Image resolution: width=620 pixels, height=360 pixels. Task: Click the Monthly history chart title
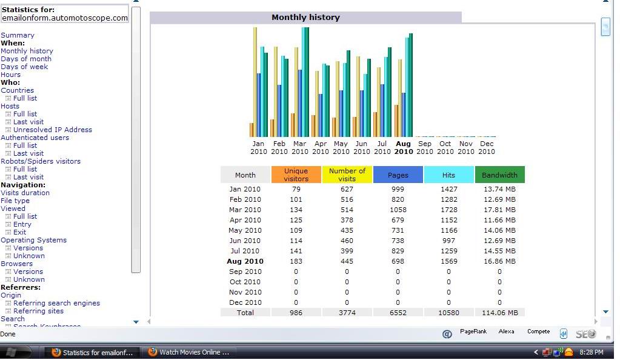point(305,18)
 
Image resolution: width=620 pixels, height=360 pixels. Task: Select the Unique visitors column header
point(296,175)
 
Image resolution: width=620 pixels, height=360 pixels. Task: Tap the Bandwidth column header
point(499,175)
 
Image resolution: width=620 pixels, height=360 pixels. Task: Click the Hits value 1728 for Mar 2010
point(449,210)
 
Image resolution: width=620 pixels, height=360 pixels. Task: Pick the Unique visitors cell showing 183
point(296,261)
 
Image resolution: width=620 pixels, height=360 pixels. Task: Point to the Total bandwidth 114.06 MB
point(500,313)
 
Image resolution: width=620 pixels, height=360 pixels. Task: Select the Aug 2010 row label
point(245,261)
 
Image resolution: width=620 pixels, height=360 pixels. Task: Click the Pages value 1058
point(398,210)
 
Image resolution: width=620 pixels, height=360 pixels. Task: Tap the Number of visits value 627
point(347,189)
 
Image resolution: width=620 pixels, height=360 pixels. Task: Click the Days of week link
point(24,67)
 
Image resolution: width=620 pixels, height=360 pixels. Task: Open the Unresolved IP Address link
point(53,130)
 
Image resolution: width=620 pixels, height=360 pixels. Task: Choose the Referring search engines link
point(56,303)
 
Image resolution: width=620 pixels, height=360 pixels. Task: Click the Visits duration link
point(25,193)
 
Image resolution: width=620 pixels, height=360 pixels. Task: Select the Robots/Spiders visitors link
point(41,161)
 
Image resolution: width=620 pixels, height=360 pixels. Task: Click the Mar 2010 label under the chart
point(300,147)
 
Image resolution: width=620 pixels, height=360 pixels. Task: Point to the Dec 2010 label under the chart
point(487,147)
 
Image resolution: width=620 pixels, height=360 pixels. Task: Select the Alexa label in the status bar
point(506,332)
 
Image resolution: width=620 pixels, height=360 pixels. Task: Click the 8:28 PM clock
point(592,352)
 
